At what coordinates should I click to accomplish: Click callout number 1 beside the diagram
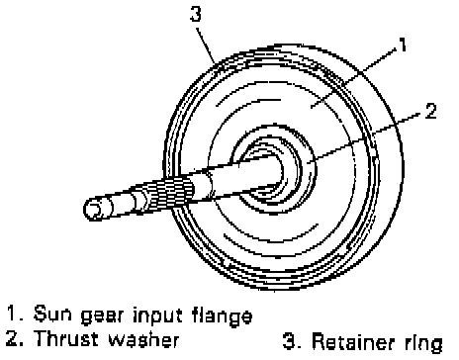[402, 45]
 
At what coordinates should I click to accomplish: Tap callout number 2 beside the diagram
[430, 111]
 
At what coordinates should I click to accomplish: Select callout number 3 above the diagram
[196, 14]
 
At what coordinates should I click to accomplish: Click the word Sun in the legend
[52, 314]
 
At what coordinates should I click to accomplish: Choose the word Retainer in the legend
[354, 341]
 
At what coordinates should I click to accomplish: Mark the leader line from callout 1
[354, 77]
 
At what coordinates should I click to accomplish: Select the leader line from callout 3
[206, 45]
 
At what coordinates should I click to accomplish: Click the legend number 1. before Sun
[16, 313]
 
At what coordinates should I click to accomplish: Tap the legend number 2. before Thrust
[15, 338]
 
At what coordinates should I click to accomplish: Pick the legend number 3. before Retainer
[292, 341]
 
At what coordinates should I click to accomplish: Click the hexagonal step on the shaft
[140, 201]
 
